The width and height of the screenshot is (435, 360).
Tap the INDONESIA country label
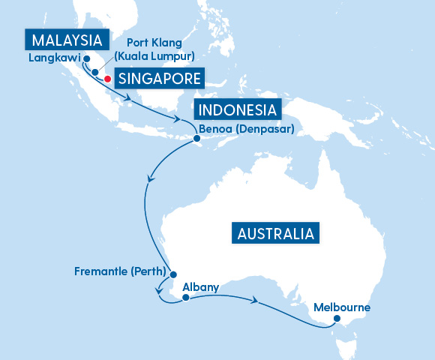(x=237, y=110)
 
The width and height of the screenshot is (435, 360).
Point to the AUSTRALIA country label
(x=275, y=233)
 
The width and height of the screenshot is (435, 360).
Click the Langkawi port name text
(x=54, y=58)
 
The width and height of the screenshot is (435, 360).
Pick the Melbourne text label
(x=342, y=307)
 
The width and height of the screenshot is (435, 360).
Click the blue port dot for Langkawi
(x=86, y=58)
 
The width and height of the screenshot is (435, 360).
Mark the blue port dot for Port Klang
(x=95, y=73)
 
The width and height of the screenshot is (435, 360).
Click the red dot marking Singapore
(x=108, y=79)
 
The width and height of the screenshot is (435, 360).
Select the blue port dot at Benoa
(x=196, y=139)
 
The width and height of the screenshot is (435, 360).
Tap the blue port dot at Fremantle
(x=172, y=274)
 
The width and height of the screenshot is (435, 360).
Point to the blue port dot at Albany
(x=184, y=298)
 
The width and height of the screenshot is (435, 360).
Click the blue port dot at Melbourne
(x=337, y=319)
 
